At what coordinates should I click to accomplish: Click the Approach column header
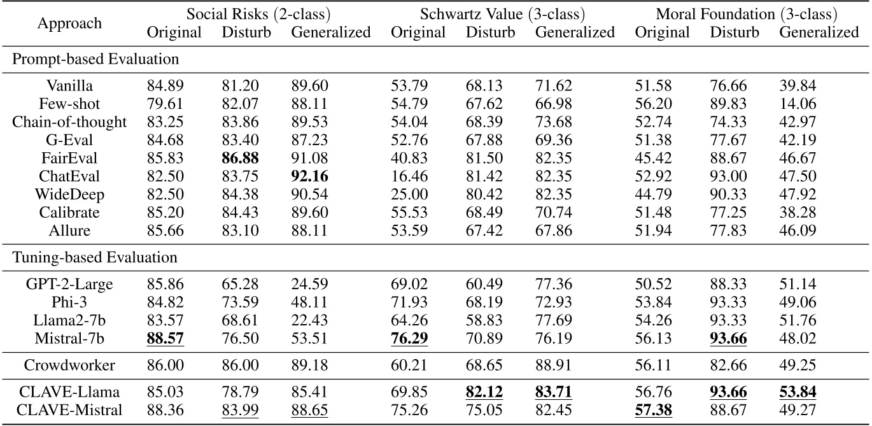[69, 24]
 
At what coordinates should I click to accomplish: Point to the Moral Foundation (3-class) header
[747, 13]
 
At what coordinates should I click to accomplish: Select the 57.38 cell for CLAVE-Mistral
[653, 408]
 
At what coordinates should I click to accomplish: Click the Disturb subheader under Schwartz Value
[491, 32]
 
